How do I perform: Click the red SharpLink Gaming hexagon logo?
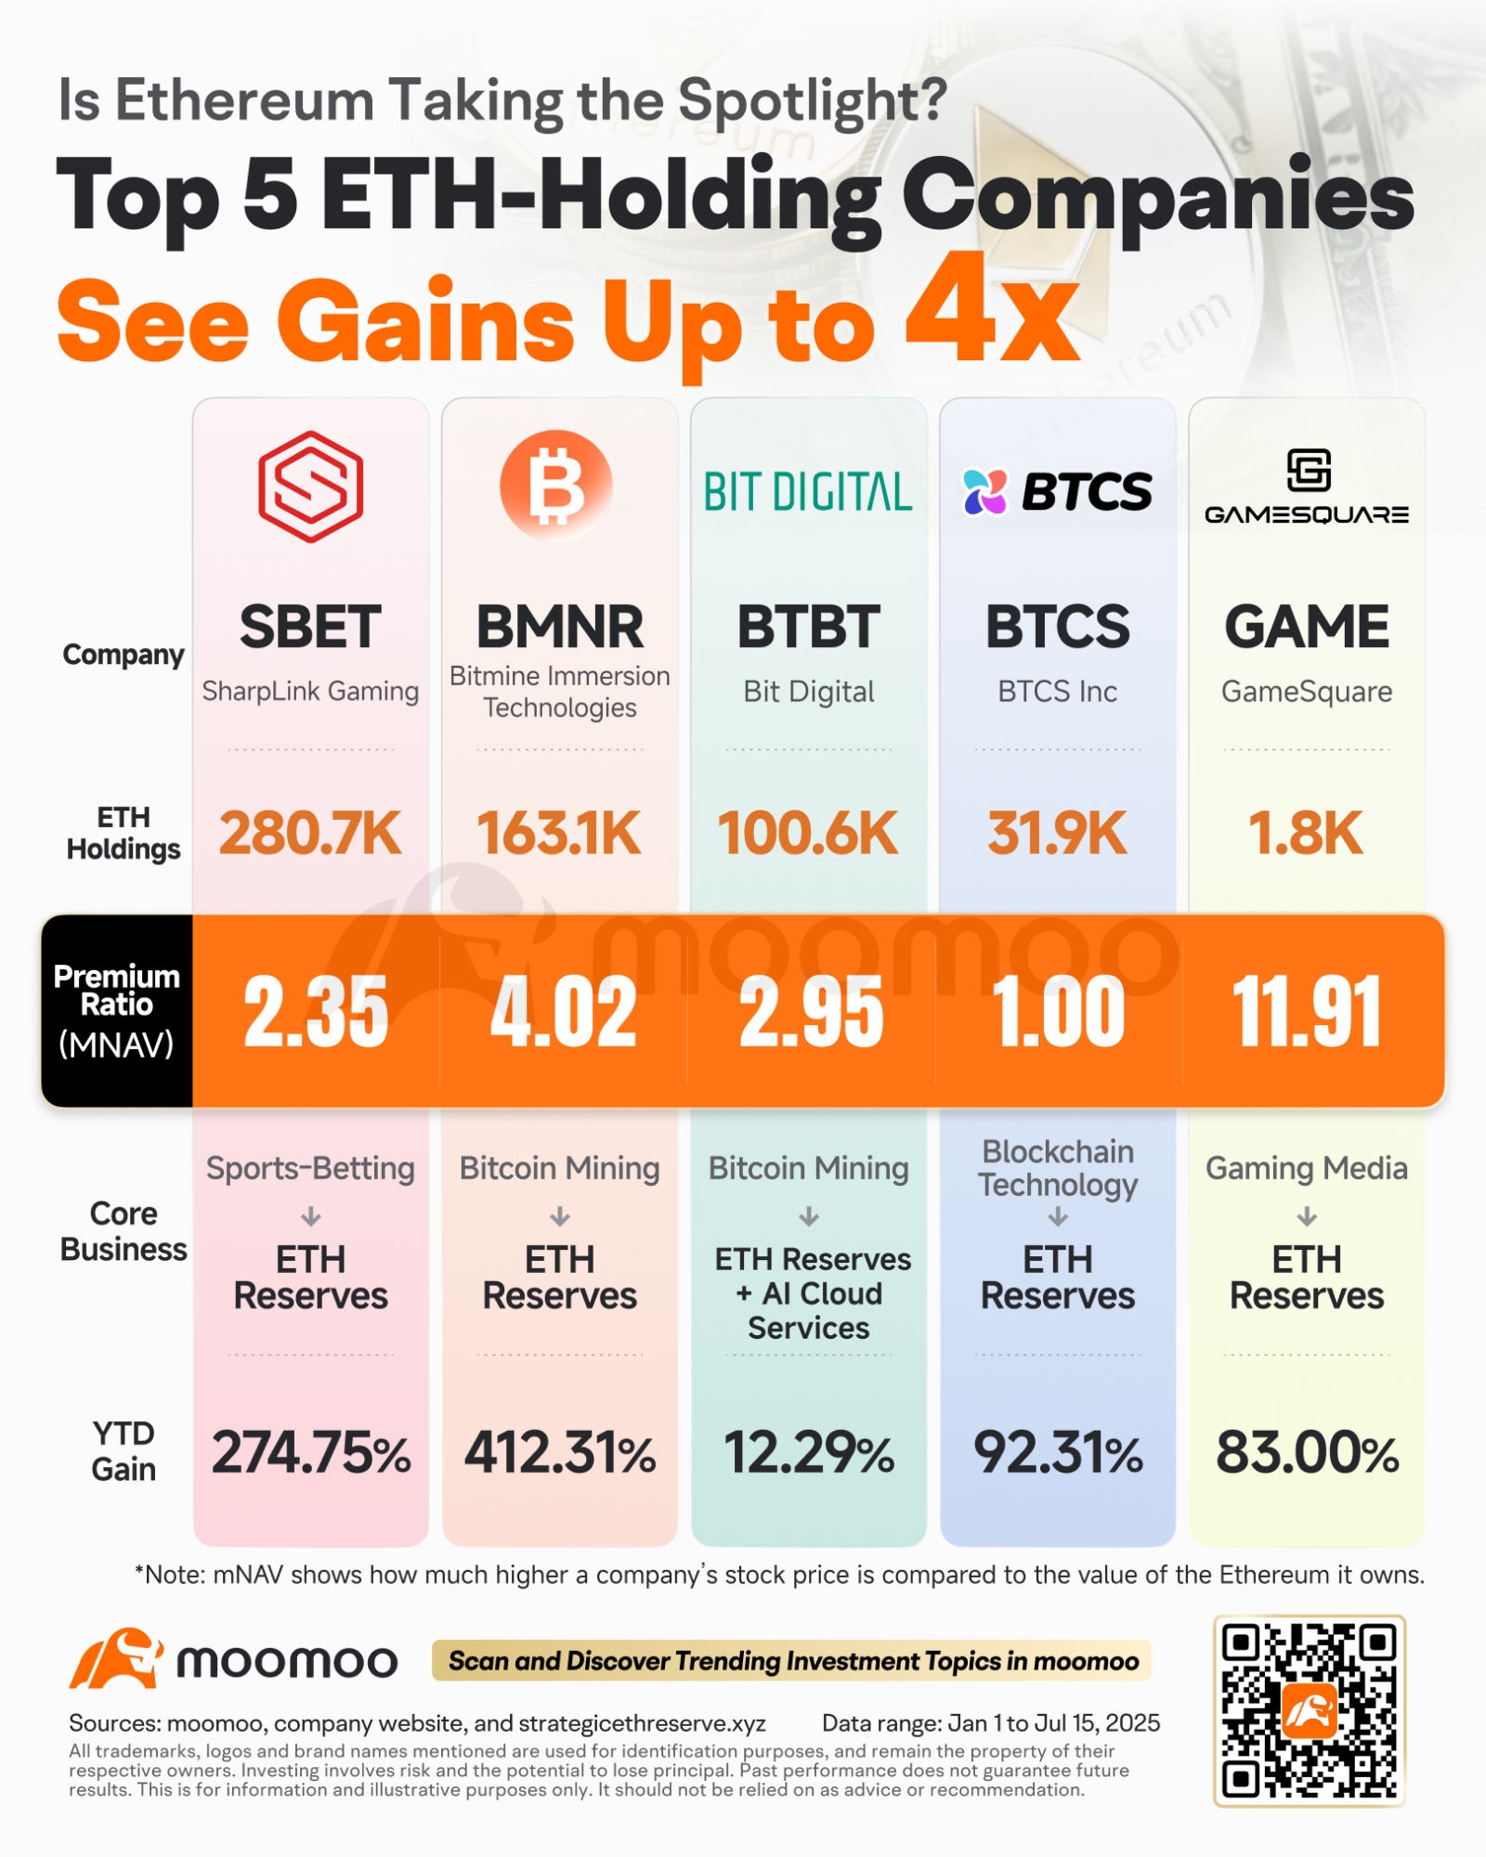310,487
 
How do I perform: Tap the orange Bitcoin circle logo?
556,486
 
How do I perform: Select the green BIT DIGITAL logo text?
808,492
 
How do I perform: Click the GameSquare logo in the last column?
1307,487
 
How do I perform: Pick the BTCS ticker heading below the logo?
1057,627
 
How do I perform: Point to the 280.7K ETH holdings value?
310,833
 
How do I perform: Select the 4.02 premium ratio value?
563,1012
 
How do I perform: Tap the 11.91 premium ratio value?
1306,1012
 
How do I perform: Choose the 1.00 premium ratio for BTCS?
1058,1012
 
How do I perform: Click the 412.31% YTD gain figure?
560,1453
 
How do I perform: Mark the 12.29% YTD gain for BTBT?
808,1453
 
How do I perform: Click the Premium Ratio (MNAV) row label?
117,1010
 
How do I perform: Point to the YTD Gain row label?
124,1451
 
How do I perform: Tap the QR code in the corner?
1309,1710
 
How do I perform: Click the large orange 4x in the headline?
992,311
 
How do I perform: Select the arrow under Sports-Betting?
311,1216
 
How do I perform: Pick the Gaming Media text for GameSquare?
1306,1168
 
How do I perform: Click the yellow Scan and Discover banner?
791,1661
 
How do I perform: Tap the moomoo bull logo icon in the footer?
116,1659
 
